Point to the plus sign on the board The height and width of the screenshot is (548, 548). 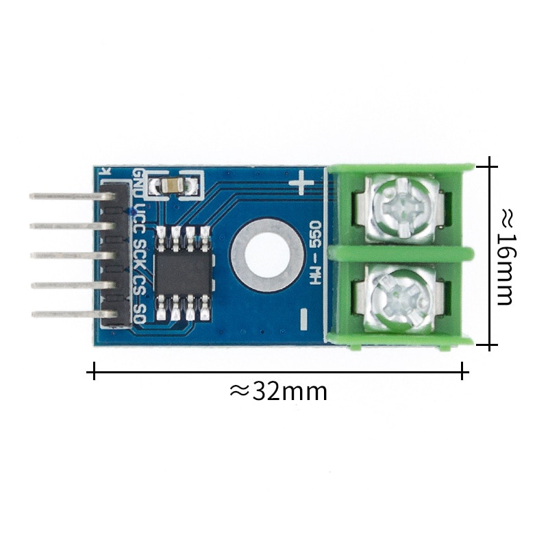pos(301,183)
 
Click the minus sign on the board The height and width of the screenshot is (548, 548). pos(303,317)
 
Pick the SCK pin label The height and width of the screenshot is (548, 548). pos(139,254)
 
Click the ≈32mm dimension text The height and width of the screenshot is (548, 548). pos(278,391)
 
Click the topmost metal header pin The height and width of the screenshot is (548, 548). pos(65,196)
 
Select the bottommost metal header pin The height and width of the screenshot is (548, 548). pos(65,314)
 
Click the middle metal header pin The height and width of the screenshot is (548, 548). pos(65,255)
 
